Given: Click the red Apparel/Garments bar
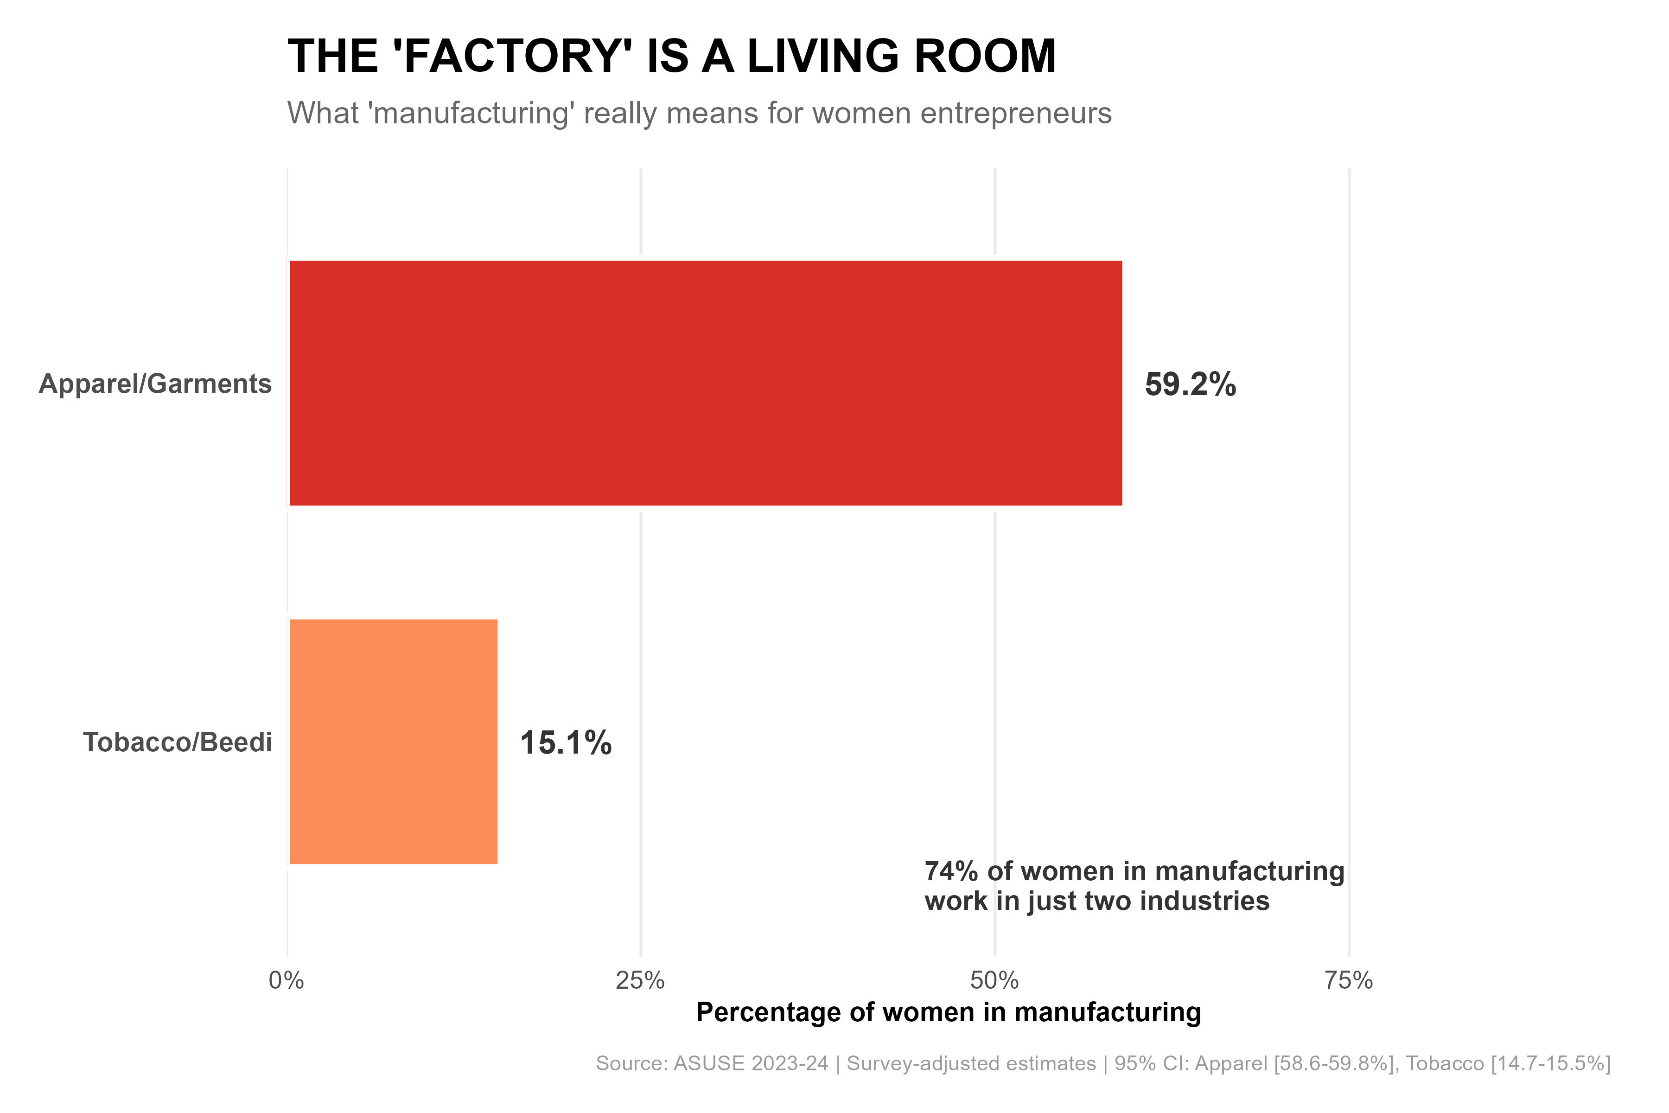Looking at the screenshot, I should tap(705, 384).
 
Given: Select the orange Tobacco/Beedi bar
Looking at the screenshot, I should tap(393, 742).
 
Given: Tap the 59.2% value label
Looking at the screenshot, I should tap(1190, 385).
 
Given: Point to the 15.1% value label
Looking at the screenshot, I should tap(566, 743).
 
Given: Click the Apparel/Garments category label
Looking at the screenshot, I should tap(155, 384).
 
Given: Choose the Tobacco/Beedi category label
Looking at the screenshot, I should tap(178, 742).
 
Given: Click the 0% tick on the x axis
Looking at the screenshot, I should tap(286, 981).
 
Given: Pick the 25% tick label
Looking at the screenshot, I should tap(640, 981).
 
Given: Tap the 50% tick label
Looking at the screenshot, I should tap(994, 981).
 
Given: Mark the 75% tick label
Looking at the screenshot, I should tap(1348, 981).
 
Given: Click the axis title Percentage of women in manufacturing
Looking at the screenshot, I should tap(948, 1012).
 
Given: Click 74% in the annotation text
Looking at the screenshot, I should tap(951, 872).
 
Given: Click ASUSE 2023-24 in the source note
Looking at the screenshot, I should tap(750, 1063).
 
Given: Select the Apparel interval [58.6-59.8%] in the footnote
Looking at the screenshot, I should tap(1334, 1063).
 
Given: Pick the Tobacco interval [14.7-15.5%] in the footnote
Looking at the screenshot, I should tap(1550, 1063).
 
